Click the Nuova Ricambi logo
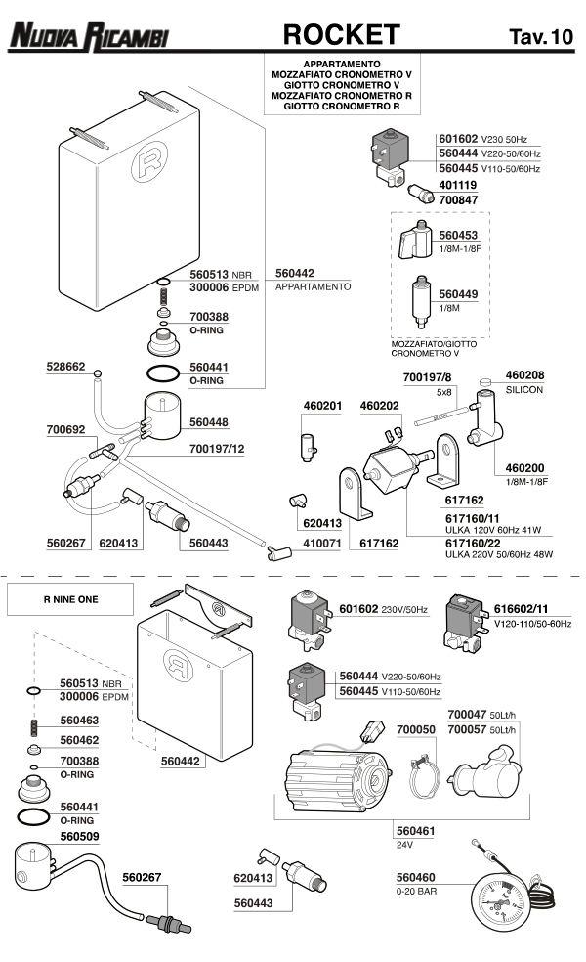(x=89, y=37)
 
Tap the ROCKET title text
(x=342, y=35)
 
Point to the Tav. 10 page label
(x=541, y=37)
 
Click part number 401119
(x=457, y=185)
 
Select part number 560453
(x=458, y=235)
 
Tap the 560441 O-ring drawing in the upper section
(x=163, y=373)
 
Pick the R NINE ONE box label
(x=70, y=599)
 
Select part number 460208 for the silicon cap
(x=524, y=374)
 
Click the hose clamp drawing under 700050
(x=424, y=776)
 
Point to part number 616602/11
(x=521, y=609)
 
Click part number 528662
(x=65, y=367)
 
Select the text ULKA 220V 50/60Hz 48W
(x=499, y=554)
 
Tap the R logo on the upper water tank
(x=148, y=161)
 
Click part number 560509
(x=79, y=836)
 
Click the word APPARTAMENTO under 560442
(x=314, y=286)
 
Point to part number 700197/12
(x=217, y=449)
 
